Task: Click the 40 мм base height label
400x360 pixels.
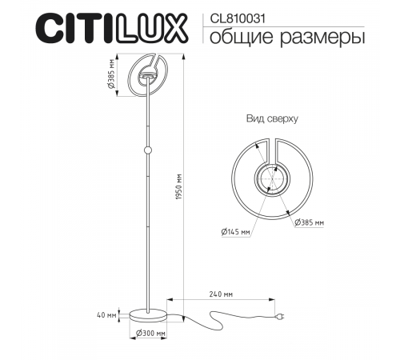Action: (106, 314)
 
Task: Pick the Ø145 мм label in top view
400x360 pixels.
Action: (236, 232)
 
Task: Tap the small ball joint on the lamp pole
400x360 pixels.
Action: (147, 150)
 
